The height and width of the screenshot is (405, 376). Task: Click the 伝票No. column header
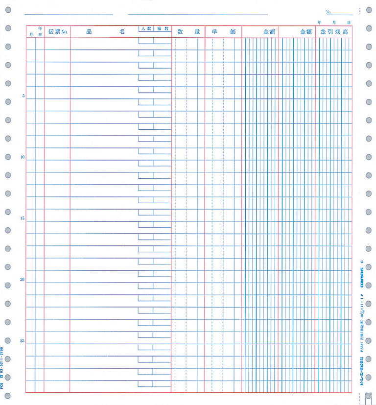pos(57,32)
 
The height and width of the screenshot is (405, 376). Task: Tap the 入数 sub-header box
pos(145,29)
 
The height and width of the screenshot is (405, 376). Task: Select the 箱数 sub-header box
pos(163,29)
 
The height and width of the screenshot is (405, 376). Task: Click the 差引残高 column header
pos(334,32)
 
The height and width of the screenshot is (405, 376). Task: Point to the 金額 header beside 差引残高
pos(306,32)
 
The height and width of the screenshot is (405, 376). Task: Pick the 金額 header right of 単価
pos(269,32)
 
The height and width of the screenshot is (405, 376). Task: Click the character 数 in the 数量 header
pos(180,32)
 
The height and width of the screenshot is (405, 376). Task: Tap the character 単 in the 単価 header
pos(214,32)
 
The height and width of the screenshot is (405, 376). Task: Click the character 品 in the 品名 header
pos(90,32)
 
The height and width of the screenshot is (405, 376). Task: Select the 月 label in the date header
pos(31,34)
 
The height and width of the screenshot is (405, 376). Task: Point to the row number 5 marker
pos(23,95)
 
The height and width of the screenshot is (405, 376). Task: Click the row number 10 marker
pos(23,157)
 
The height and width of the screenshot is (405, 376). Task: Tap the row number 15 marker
pos(23,218)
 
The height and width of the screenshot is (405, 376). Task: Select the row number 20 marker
pos(23,280)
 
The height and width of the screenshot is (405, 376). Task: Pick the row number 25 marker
pos(23,341)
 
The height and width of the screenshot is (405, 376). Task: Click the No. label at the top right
pos(329,12)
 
